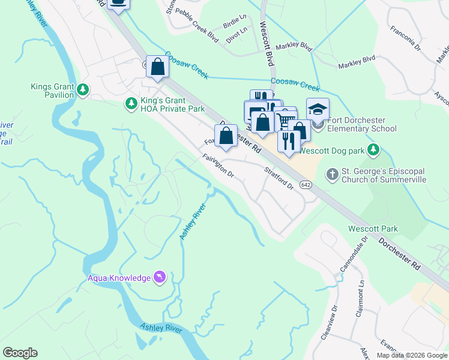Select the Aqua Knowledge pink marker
(x=159, y=277)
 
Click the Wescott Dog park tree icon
(x=374, y=148)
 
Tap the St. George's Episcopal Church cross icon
(x=332, y=175)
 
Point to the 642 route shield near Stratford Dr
(x=306, y=185)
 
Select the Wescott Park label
(x=373, y=229)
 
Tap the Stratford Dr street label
(x=279, y=178)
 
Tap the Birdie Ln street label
(x=235, y=22)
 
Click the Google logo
(x=20, y=353)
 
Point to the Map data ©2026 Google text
(x=411, y=355)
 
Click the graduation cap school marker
(x=318, y=110)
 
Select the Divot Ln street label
(x=237, y=34)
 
